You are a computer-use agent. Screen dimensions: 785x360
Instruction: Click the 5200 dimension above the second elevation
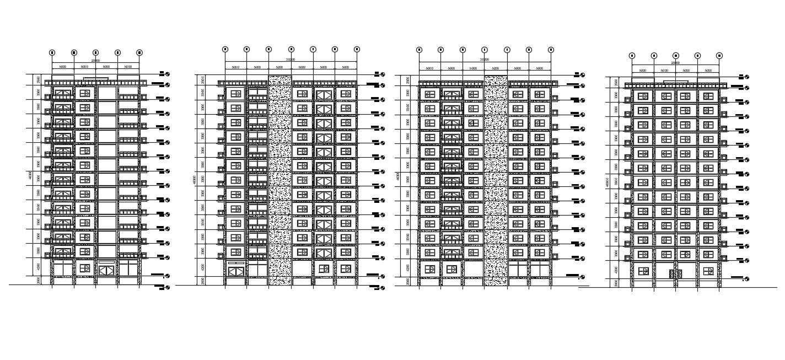click(279, 67)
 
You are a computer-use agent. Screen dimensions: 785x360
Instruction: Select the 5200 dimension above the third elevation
click(495, 68)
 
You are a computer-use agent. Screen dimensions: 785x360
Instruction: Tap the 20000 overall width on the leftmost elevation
click(95, 61)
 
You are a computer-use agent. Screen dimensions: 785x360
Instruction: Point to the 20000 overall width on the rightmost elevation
click(675, 63)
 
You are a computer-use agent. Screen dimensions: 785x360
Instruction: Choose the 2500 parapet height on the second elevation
click(203, 80)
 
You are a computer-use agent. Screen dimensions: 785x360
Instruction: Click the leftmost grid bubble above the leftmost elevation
click(52, 52)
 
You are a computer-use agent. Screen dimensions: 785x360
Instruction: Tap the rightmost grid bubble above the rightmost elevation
click(719, 56)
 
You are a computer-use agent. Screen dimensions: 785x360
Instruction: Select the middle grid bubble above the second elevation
click(291, 49)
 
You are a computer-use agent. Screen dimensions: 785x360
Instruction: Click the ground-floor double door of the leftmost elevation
click(106, 270)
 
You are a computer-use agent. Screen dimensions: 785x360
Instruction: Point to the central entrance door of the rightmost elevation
click(675, 273)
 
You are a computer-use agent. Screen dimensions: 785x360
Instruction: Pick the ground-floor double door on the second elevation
click(236, 271)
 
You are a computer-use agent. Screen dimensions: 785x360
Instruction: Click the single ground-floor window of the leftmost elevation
click(84, 268)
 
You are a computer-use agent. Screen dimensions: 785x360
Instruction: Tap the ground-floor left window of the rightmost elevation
click(643, 271)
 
